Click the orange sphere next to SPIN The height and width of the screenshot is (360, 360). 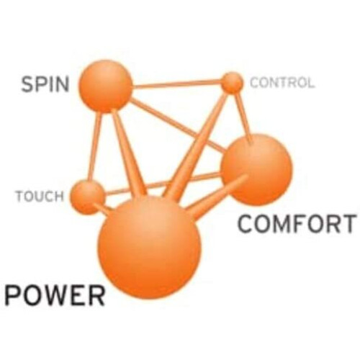coord(106,86)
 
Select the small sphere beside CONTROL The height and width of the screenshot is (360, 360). coord(232,83)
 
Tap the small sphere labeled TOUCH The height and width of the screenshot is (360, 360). coord(88,197)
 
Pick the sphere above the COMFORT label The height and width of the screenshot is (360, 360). coord(256,169)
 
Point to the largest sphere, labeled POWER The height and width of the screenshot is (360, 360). coord(149,248)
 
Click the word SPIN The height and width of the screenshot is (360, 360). coord(45,84)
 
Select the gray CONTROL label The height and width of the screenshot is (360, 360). coord(282,83)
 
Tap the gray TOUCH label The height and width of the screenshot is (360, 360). coord(40,196)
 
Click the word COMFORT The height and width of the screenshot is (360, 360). coord(297,224)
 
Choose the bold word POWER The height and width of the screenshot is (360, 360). coord(55,294)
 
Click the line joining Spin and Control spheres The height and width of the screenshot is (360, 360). coord(177,84)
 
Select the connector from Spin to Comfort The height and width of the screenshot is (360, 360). coord(178,125)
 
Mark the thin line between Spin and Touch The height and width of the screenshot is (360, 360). coord(94,146)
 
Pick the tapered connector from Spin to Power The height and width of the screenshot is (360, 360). coord(129,153)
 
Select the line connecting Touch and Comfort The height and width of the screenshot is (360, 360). coord(163,183)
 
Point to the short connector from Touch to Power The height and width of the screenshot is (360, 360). coord(102,208)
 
